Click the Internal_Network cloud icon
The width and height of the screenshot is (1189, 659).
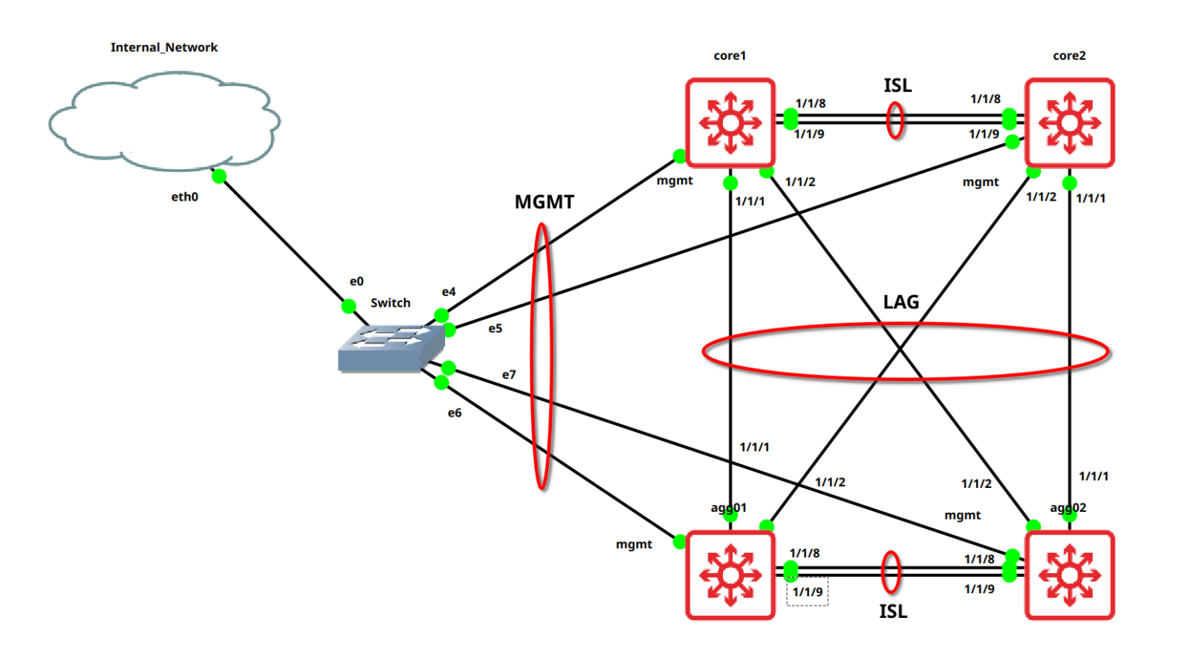(x=164, y=122)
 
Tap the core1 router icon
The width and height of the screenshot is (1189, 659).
(x=730, y=122)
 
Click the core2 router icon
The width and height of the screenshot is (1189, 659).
(x=1069, y=122)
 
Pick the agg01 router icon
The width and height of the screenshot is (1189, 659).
(x=730, y=575)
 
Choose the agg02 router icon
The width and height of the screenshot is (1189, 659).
(x=1069, y=575)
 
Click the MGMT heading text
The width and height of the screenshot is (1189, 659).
(x=544, y=202)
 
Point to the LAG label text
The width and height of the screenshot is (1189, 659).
(x=901, y=302)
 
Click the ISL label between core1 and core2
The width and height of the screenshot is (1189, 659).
(x=897, y=86)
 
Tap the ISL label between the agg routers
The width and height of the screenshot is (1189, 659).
(x=893, y=612)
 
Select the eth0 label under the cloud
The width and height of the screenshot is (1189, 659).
(x=184, y=197)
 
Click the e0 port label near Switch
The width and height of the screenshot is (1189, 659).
(x=356, y=281)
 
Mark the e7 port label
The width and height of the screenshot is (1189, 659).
(x=509, y=375)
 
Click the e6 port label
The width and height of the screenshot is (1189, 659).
(x=454, y=413)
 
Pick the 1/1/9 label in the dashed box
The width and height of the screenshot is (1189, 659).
(x=807, y=592)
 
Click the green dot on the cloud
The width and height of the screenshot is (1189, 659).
(x=219, y=176)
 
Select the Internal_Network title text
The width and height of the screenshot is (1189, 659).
(x=164, y=47)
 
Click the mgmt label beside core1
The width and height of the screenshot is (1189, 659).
(x=674, y=180)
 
